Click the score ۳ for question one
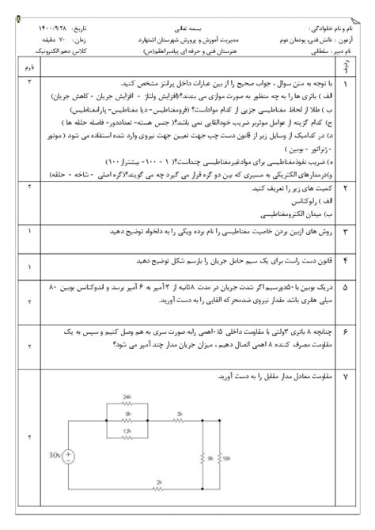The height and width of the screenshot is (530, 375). tap(30, 82)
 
